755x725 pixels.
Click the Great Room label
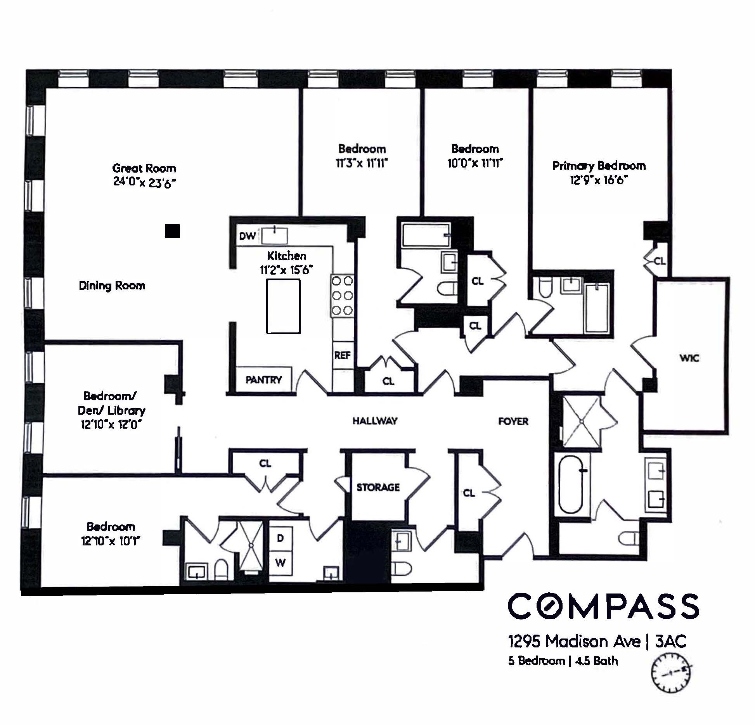coord(144,168)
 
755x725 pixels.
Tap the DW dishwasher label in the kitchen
coord(247,236)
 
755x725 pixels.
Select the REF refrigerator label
coord(342,355)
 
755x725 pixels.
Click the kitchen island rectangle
coord(283,306)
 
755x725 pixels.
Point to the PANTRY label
coord(264,380)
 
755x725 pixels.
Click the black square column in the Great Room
coord(172,230)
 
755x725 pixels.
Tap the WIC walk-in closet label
coord(689,358)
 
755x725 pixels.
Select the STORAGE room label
coord(378,487)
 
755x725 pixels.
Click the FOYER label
coord(513,421)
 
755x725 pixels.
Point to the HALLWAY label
coord(375,421)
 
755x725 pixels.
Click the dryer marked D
coord(281,538)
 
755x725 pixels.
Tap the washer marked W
coord(281,563)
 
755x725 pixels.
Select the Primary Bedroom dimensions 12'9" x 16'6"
coord(599,180)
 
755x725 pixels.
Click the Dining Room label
coord(112,286)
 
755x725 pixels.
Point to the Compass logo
coord(603,606)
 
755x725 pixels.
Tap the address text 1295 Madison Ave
coord(574,642)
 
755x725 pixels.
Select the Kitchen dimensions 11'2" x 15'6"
coord(286,270)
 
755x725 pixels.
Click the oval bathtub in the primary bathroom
coord(571,484)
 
